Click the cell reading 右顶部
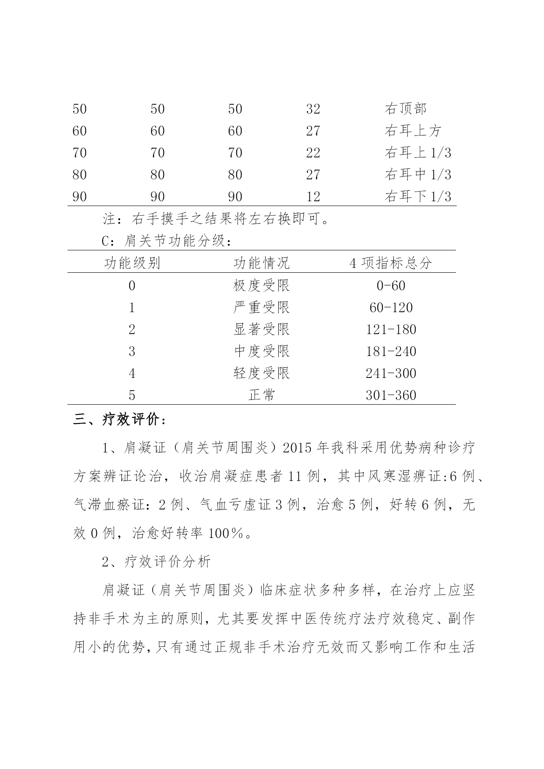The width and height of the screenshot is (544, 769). coord(405,109)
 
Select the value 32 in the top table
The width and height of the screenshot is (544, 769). coord(313,109)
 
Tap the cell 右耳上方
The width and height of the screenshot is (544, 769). coord(412,131)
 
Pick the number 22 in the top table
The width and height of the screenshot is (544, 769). coord(313,153)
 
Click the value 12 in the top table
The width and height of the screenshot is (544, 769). coord(313,196)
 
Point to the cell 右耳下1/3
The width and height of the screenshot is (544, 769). coord(417,196)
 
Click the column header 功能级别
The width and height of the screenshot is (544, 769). coord(132,263)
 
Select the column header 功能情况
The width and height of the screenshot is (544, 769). coord(261,263)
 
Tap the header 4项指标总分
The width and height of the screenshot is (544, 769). coord(391,263)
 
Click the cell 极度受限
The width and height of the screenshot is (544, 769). coord(261,286)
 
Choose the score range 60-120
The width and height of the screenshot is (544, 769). coord(391,308)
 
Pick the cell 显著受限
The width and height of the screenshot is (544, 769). coord(261,330)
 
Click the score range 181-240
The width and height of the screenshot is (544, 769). coord(391,352)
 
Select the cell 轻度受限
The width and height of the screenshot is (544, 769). coord(261,374)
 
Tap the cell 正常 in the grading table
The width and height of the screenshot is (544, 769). coord(261,395)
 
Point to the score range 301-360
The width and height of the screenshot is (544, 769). coord(391,395)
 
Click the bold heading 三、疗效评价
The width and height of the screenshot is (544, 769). coord(119,420)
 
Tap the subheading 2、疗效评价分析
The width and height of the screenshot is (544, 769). coord(156,562)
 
